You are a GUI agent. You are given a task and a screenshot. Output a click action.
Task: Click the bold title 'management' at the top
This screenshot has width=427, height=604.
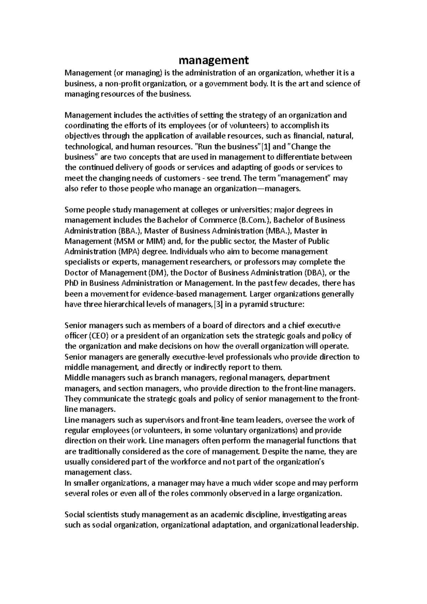[x=213, y=60]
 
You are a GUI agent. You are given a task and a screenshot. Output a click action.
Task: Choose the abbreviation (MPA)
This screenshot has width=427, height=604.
[x=128, y=252]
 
